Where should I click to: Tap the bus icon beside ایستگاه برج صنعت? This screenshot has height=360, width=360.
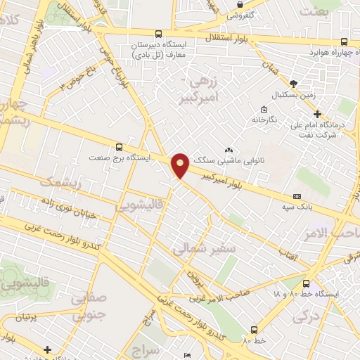point(118,147)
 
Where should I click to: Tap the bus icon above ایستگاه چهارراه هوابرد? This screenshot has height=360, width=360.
point(343,41)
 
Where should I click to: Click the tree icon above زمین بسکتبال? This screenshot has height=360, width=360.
point(293,83)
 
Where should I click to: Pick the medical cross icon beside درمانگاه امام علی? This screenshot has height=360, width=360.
point(317,114)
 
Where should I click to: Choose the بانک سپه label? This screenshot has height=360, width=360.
point(301,207)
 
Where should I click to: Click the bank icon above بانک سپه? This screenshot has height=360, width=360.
point(297,196)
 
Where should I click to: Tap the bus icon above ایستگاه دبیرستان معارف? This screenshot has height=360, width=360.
point(158,33)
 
